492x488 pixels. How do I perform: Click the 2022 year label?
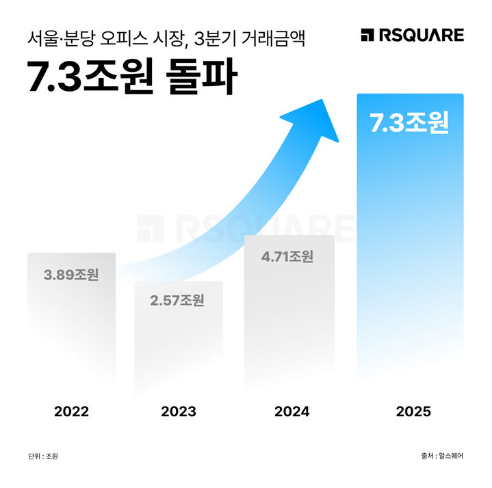tap(71, 411)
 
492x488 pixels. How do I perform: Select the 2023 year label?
tap(178, 411)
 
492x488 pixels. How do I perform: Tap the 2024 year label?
tap(292, 411)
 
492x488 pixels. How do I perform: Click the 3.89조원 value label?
tap(71, 275)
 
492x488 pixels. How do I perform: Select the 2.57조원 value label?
tap(177, 300)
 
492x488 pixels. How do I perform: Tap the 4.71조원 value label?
tap(287, 257)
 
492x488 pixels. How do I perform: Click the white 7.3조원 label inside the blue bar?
tap(409, 123)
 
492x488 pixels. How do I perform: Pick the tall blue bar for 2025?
tap(410, 239)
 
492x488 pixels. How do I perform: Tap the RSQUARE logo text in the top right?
tap(421, 35)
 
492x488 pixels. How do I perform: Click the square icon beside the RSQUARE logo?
tap(367, 35)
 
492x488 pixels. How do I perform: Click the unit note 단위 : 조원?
tap(43, 456)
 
